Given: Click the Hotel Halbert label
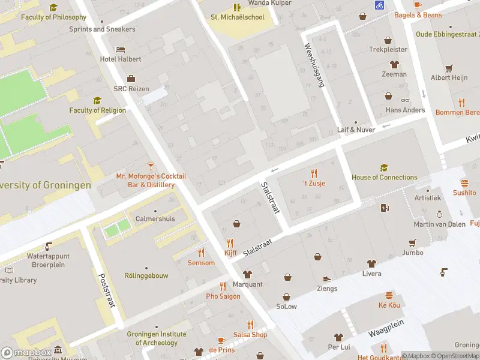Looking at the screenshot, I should [121, 59].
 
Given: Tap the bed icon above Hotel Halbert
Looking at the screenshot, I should [121, 49].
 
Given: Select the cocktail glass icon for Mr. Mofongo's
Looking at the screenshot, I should [151, 165].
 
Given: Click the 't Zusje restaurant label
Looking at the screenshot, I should [313, 183].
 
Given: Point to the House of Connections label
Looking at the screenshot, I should [384, 177].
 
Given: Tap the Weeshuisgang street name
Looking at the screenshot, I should [314, 65].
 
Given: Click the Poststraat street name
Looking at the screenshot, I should [106, 290].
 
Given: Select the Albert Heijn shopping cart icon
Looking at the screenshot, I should [449, 68].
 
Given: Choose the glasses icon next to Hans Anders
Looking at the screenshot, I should [406, 100].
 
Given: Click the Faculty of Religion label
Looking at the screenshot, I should [97, 110].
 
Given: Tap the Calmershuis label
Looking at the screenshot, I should [155, 218].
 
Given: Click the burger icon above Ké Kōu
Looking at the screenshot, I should [389, 295].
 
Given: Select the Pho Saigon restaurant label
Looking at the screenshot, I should [223, 296].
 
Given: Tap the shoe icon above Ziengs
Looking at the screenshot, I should [327, 279].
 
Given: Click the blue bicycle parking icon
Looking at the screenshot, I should [379, 5].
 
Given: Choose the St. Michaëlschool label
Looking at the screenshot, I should [237, 17].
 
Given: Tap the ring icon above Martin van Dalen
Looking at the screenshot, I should [439, 214].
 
